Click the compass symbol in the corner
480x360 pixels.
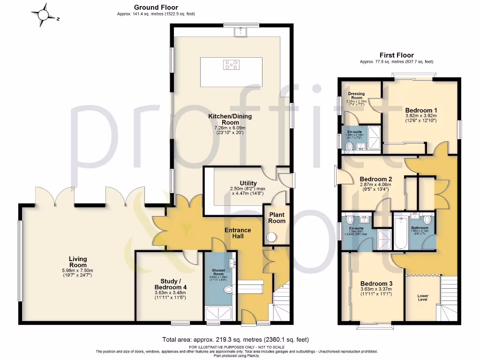44,15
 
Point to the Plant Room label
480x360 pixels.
277,218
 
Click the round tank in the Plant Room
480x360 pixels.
271,238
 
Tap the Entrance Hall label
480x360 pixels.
238,233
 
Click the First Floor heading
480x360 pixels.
397,55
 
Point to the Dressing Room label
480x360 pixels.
356,95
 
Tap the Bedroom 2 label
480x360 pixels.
375,179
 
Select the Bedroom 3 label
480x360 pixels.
376,284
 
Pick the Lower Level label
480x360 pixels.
422,297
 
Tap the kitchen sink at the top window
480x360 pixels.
241,32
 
